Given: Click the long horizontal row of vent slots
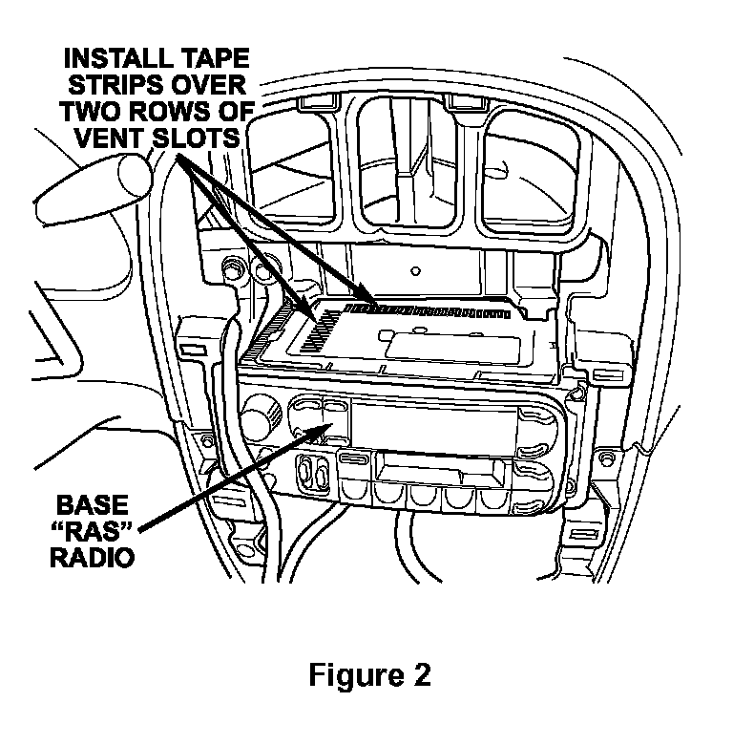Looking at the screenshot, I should (x=429, y=309).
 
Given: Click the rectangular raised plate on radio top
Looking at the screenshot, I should (x=434, y=341).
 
